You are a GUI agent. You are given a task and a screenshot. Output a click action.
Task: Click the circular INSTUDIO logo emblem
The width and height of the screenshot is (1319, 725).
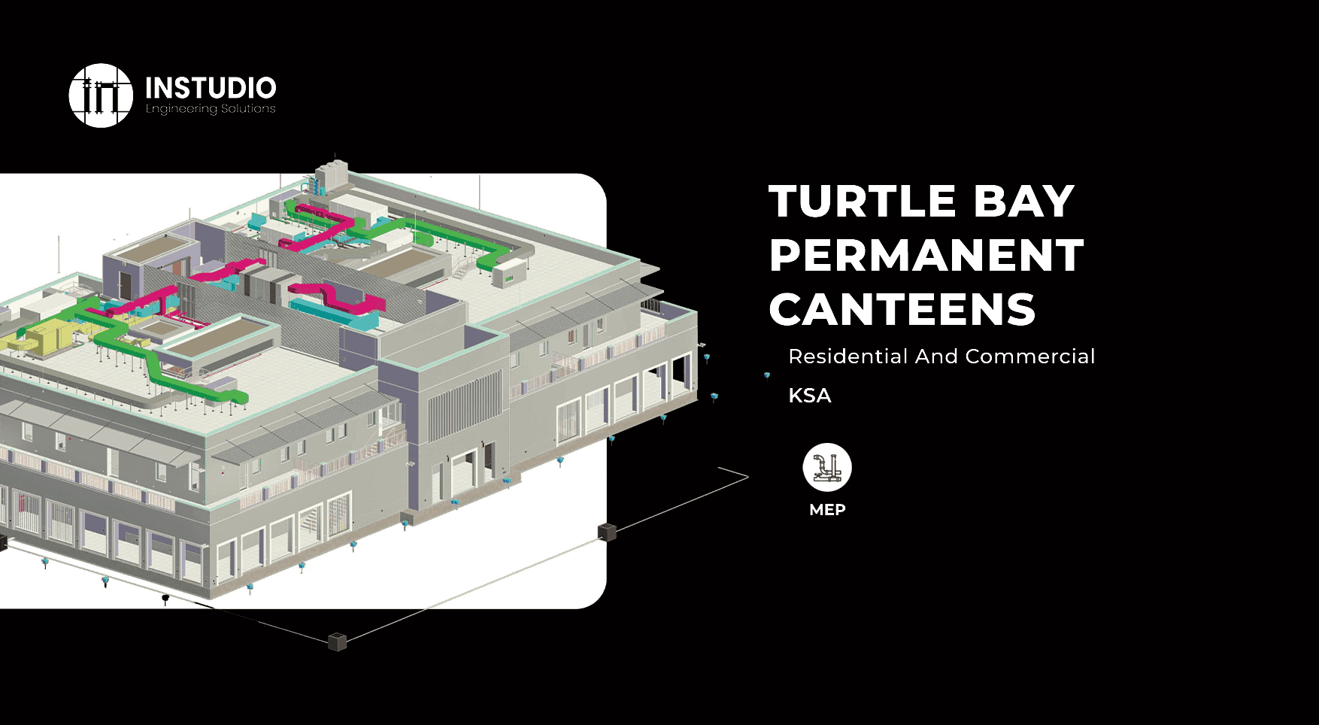click(101, 96)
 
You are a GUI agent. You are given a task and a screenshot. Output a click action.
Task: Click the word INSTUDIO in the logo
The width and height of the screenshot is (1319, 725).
click(211, 88)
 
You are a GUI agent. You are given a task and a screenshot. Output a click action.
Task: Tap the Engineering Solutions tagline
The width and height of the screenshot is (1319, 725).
click(211, 109)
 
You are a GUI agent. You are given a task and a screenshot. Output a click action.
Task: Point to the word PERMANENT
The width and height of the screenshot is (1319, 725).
click(926, 256)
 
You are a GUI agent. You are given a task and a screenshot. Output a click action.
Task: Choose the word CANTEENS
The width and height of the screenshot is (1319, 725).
click(902, 310)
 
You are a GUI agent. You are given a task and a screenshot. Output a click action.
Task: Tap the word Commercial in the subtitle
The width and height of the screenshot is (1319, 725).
click(1030, 356)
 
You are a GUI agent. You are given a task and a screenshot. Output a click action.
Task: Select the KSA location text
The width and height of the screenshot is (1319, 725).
click(810, 396)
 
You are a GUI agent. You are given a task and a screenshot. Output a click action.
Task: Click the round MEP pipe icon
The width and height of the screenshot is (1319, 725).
click(827, 467)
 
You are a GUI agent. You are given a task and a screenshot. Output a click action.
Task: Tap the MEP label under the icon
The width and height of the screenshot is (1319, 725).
click(827, 510)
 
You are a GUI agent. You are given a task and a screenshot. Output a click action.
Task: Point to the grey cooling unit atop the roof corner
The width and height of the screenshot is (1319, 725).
click(331, 177)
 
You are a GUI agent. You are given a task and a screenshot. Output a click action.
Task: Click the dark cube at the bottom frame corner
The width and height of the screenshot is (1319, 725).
click(338, 642)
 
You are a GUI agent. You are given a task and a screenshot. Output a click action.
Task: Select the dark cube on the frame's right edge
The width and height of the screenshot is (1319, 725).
click(607, 532)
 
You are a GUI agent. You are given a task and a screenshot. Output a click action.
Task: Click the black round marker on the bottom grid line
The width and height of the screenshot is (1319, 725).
click(165, 598)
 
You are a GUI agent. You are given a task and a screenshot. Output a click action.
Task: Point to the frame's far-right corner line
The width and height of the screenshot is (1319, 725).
click(744, 475)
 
